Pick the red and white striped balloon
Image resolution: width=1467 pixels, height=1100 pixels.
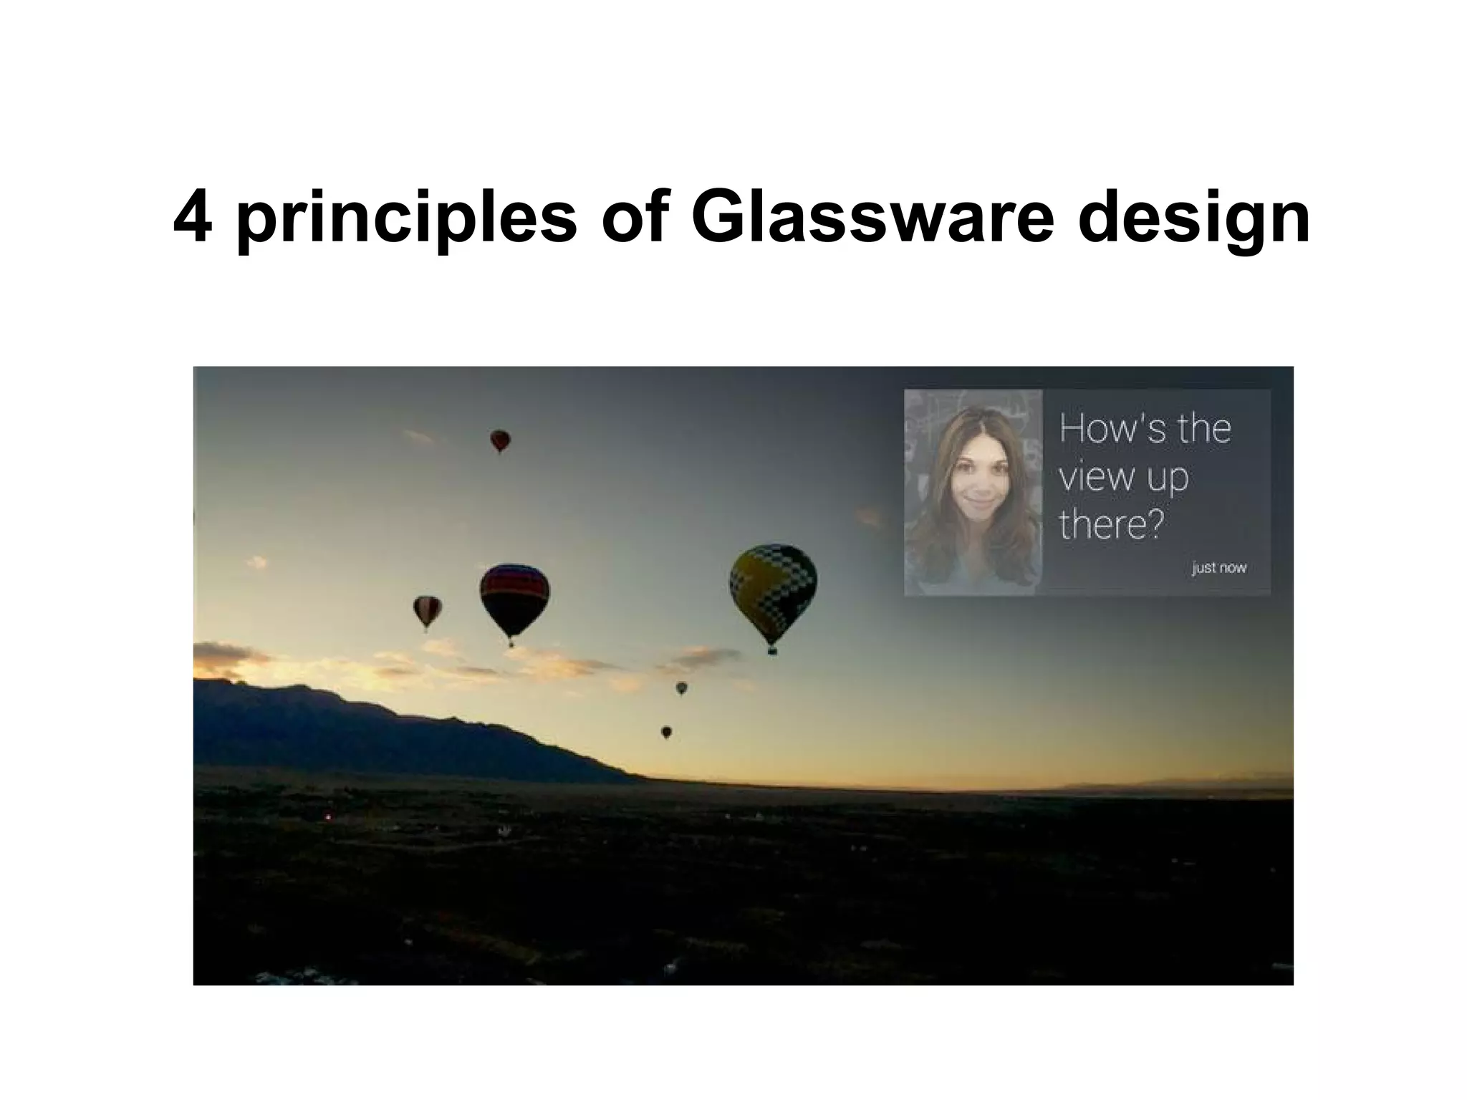pos(427,609)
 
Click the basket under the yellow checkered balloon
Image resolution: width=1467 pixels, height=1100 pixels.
pos(772,651)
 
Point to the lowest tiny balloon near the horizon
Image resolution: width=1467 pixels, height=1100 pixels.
pos(666,732)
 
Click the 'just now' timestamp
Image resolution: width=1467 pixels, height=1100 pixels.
pos(1219,568)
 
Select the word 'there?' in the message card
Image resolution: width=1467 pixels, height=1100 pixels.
pos(1110,525)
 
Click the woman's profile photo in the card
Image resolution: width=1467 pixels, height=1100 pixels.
pos(973,492)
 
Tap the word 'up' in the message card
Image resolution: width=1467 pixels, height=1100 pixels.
pos(1168,478)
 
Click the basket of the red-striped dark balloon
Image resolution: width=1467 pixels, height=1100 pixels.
pos(511,644)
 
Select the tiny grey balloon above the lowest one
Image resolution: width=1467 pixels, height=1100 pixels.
pos(681,688)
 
